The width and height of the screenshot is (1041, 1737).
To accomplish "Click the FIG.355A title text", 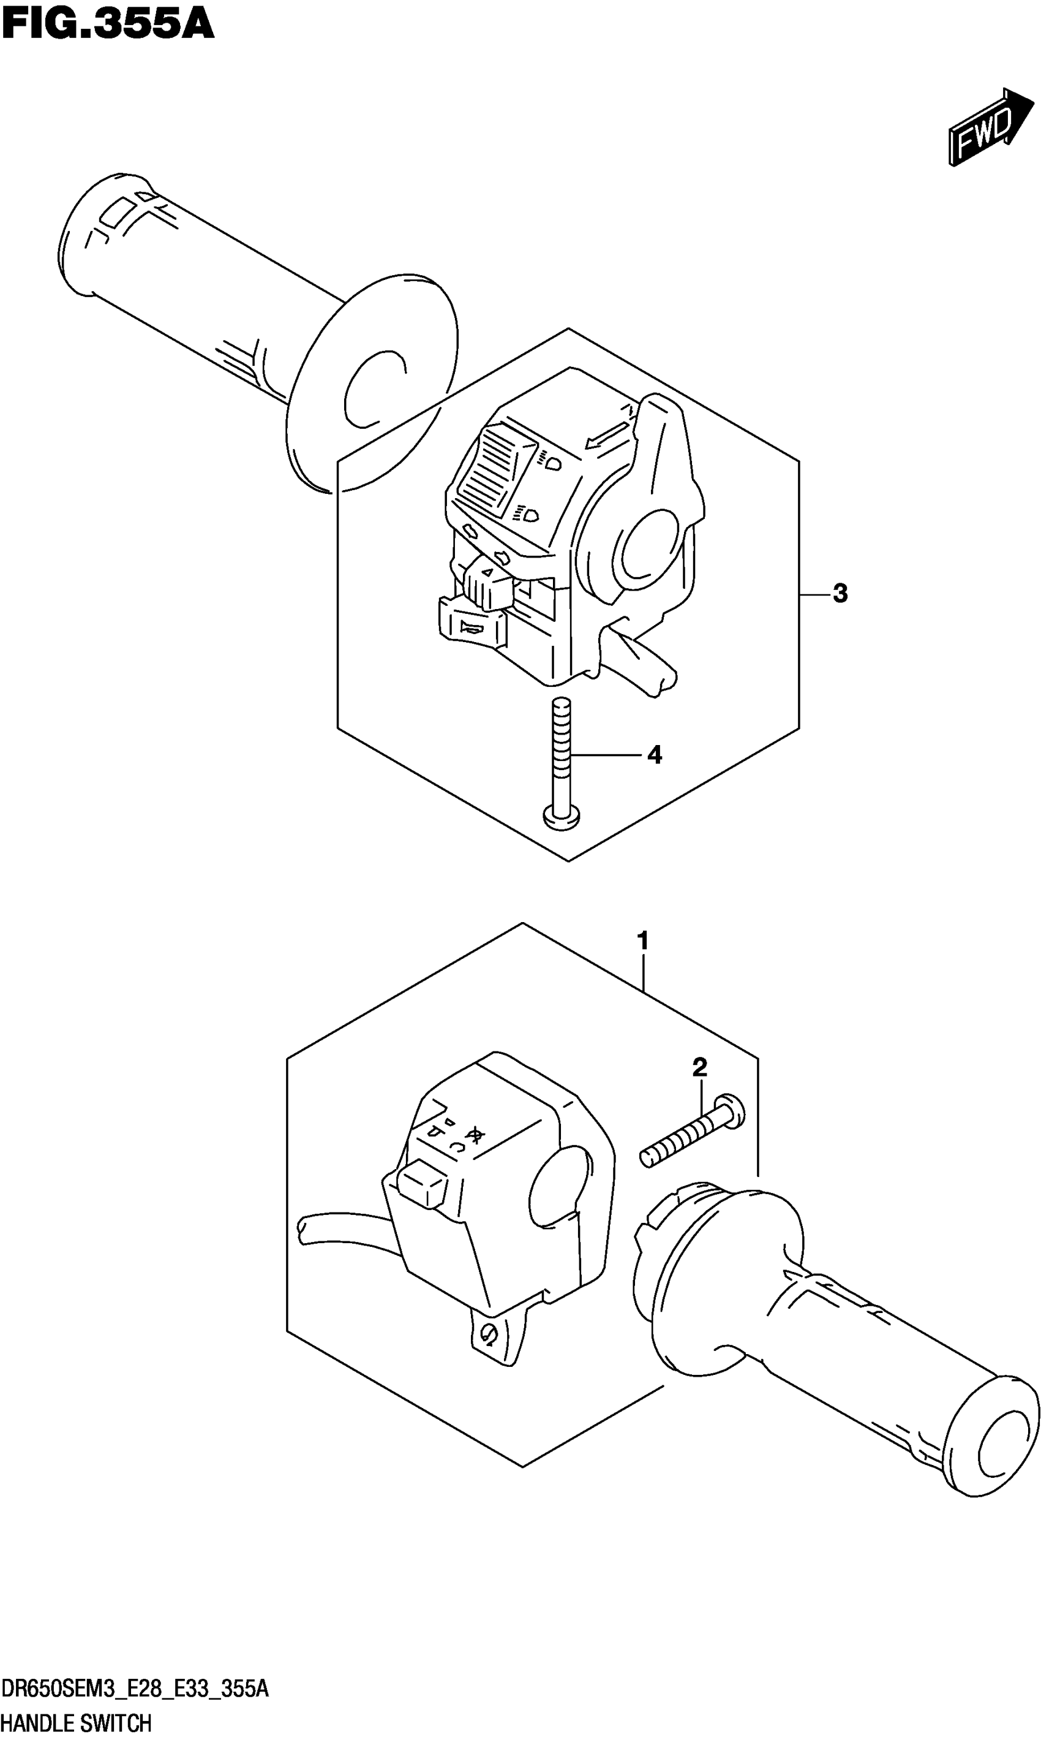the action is click(x=107, y=25).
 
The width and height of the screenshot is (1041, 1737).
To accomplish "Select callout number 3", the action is click(x=840, y=594).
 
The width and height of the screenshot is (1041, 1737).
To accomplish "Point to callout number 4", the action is click(x=654, y=755).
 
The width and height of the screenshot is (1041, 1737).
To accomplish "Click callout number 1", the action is click(x=642, y=940).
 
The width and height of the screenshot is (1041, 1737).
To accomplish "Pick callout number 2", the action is click(x=699, y=1067).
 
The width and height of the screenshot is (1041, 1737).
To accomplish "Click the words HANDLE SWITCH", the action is click(x=77, y=1717).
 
